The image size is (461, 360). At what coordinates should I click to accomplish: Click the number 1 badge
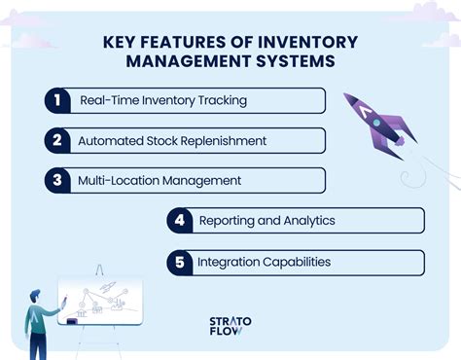pos(57,101)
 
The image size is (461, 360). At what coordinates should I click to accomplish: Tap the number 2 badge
pos(57,140)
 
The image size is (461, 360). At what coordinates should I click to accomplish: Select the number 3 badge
pos(57,180)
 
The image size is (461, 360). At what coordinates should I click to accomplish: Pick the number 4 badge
pos(179,221)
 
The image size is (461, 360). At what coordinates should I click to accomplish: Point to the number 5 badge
pos(179,262)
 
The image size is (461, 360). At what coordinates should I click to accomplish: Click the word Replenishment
pos(224,141)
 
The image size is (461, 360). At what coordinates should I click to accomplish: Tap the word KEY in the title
pos(118,43)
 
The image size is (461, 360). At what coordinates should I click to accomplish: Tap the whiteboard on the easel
pos(100,303)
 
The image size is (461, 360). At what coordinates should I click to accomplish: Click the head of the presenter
pos(36,297)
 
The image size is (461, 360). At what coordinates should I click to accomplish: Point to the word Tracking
pos(222,101)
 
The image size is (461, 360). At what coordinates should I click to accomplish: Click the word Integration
pos(230,263)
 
